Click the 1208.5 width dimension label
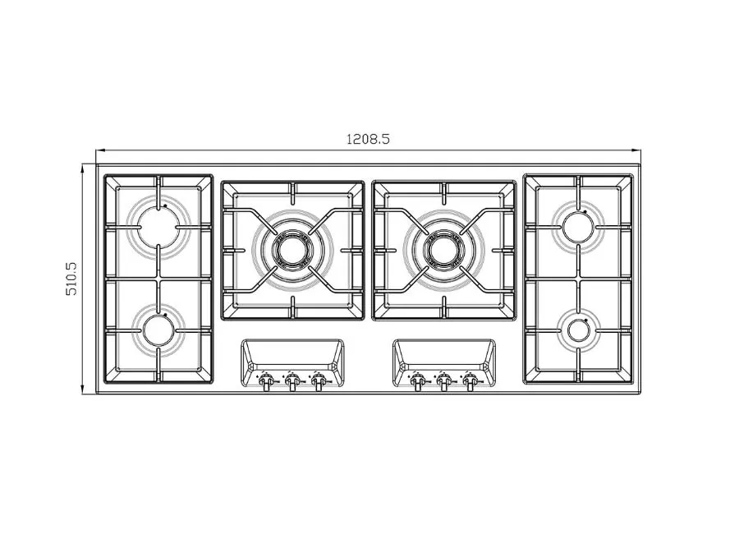(x=368, y=139)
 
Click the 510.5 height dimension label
(x=71, y=279)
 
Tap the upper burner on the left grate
(x=158, y=227)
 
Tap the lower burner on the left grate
(x=158, y=330)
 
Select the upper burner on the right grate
(x=579, y=228)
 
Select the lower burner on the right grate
(x=578, y=330)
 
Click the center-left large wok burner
(x=292, y=250)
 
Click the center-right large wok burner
(x=443, y=250)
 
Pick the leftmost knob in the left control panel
(x=266, y=380)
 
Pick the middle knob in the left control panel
(x=292, y=380)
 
